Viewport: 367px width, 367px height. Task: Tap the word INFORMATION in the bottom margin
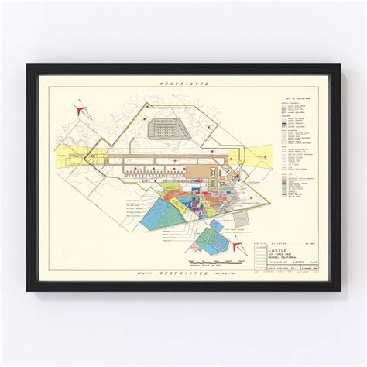tap(229, 273)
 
